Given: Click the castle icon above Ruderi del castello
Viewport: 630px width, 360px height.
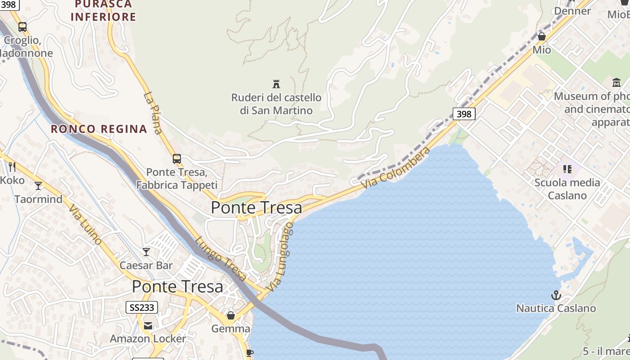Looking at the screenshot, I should click(x=276, y=84).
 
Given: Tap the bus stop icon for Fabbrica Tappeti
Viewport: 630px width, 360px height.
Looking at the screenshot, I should click(x=177, y=159).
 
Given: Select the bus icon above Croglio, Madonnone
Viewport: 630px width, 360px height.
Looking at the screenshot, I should click(x=22, y=27).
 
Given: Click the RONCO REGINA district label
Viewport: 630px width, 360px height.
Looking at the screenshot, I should click(x=99, y=129).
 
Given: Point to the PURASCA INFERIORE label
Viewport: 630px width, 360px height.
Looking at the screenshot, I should click(x=103, y=11).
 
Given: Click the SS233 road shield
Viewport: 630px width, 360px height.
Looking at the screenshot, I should click(x=141, y=308).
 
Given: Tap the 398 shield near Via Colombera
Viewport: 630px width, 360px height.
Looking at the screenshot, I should click(x=463, y=114).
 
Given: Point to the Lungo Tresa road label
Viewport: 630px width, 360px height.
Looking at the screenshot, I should click(x=221, y=258).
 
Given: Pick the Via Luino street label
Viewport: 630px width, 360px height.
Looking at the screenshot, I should click(x=85, y=225).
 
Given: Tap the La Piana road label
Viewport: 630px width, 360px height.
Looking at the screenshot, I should click(x=153, y=113).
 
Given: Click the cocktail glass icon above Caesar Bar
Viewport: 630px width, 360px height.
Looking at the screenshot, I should click(x=146, y=252).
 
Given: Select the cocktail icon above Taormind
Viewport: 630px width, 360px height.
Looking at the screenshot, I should click(x=38, y=186).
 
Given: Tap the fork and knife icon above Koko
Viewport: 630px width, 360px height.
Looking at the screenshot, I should click(x=12, y=167).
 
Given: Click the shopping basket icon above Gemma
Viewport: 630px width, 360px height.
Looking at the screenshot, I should click(x=231, y=315).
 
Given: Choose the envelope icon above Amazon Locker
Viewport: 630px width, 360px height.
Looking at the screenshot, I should click(x=148, y=326).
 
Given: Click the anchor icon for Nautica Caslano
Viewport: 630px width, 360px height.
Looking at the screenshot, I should click(x=556, y=295).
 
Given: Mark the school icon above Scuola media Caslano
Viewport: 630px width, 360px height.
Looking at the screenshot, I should click(x=567, y=169).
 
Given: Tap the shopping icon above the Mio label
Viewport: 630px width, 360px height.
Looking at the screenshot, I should click(x=542, y=36).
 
